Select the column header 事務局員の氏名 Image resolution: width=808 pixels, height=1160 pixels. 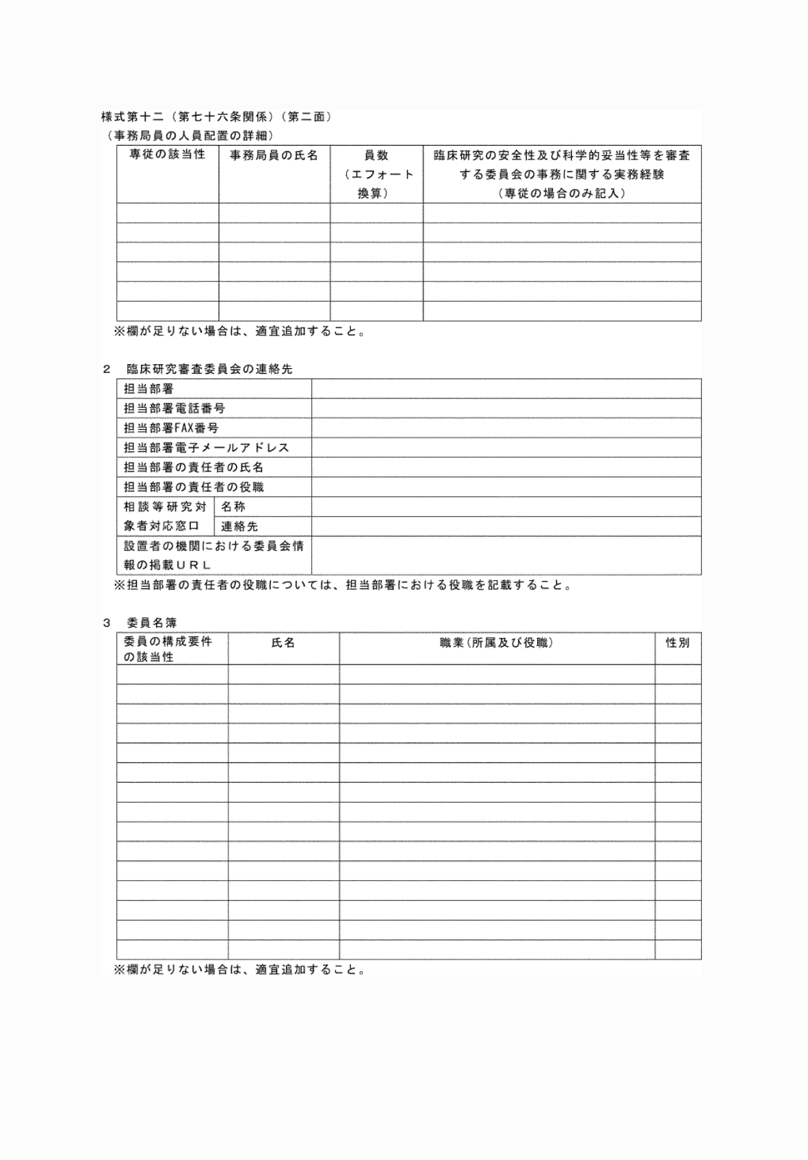pyautogui.click(x=274, y=155)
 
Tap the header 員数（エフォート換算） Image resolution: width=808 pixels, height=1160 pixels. pyautogui.click(x=376, y=175)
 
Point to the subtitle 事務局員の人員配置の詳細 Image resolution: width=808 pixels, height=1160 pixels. pyautogui.click(x=186, y=136)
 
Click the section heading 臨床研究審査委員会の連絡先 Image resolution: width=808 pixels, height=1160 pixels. pyautogui.click(x=209, y=369)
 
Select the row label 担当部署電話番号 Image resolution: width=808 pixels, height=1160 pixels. pyautogui.click(x=174, y=409)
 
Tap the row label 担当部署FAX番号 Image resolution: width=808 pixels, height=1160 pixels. pyautogui.click(x=171, y=428)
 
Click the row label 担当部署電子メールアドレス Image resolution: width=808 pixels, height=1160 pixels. pyautogui.click(x=206, y=448)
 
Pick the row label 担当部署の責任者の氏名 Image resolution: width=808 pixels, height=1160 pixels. pyautogui.click(x=194, y=467)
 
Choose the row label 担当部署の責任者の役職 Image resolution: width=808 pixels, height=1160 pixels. pyautogui.click(x=194, y=487)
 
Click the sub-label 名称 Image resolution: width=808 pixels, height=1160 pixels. pyautogui.click(x=233, y=507)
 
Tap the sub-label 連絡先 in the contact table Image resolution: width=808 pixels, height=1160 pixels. pyautogui.click(x=239, y=527)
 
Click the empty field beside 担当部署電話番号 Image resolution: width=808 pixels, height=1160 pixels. pyautogui.click(x=506, y=409)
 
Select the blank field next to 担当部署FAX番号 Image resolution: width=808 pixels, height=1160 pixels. pyautogui.click(x=506, y=428)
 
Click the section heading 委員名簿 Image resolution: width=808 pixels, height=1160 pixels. pyautogui.click(x=152, y=623)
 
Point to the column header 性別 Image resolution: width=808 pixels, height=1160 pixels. pyautogui.click(x=677, y=643)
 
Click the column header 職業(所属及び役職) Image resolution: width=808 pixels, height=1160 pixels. pyautogui.click(x=497, y=643)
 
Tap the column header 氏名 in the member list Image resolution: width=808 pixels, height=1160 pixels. pyautogui.click(x=283, y=643)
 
